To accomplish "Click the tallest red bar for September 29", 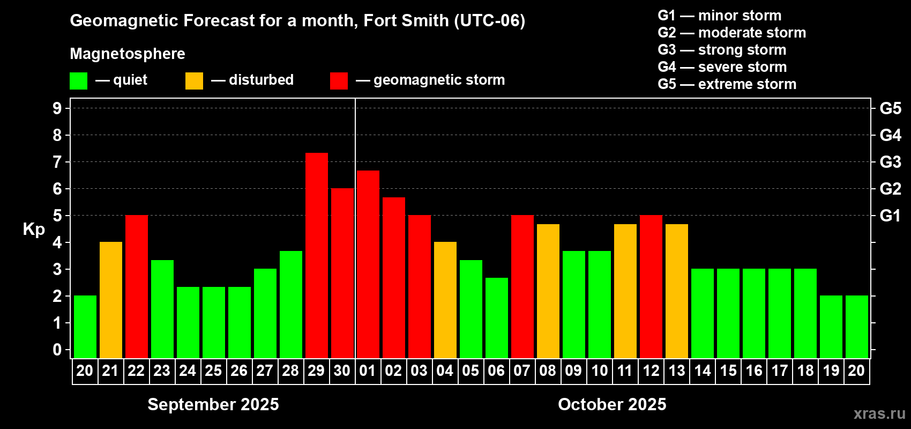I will [317, 255].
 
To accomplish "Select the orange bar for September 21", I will [111, 300].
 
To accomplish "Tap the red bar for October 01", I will [368, 264].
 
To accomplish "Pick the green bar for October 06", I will [497, 317].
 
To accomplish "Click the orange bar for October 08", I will [548, 291].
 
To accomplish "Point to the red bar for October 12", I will [651, 286].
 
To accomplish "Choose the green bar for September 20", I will [85, 327].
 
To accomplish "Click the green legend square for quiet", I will [79, 81].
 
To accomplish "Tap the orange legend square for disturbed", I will [195, 81].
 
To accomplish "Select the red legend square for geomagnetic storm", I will [339, 81].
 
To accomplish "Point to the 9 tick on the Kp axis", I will [57, 108].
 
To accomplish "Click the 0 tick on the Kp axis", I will [57, 350].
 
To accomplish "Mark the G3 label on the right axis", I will [890, 162].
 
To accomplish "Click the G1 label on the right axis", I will [890, 216].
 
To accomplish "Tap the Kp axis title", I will [34, 229].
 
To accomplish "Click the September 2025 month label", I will [213, 404].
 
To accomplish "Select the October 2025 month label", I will [612, 404].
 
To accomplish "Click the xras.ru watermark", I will [879, 413].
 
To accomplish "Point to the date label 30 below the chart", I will [342, 371].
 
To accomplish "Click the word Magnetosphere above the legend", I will [128, 54].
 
